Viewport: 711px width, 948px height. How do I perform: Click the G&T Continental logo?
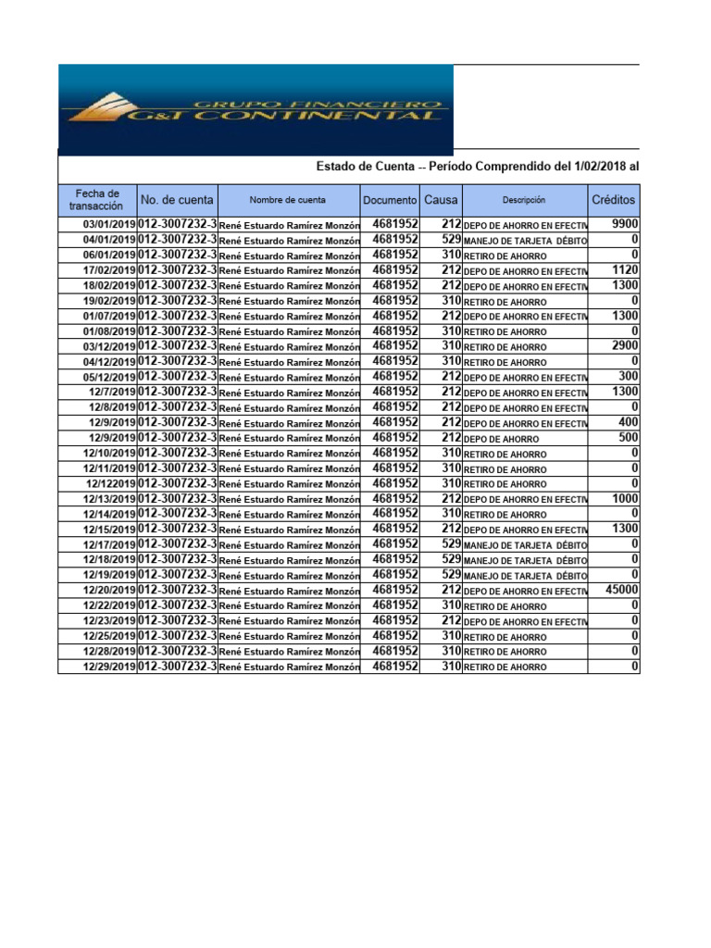pos(256,109)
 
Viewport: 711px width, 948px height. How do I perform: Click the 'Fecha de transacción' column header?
pos(96,200)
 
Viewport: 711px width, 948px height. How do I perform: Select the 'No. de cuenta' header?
pos(177,200)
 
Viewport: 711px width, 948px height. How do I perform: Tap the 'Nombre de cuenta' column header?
pos(287,200)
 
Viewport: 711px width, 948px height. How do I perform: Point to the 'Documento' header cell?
pos(390,200)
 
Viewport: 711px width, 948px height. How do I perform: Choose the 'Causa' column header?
pos(441,200)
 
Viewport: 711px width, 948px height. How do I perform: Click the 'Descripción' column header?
pos(524,200)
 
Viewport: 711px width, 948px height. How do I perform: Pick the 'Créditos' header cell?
pos(613,200)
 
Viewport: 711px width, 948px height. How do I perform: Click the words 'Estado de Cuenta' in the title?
pos(365,166)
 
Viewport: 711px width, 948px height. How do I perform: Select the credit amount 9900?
pos(625,224)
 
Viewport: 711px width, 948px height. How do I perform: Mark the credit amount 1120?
pos(625,270)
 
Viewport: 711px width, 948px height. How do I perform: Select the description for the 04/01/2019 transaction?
pos(524,241)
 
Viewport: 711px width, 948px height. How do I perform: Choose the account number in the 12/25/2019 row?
pos(177,636)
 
